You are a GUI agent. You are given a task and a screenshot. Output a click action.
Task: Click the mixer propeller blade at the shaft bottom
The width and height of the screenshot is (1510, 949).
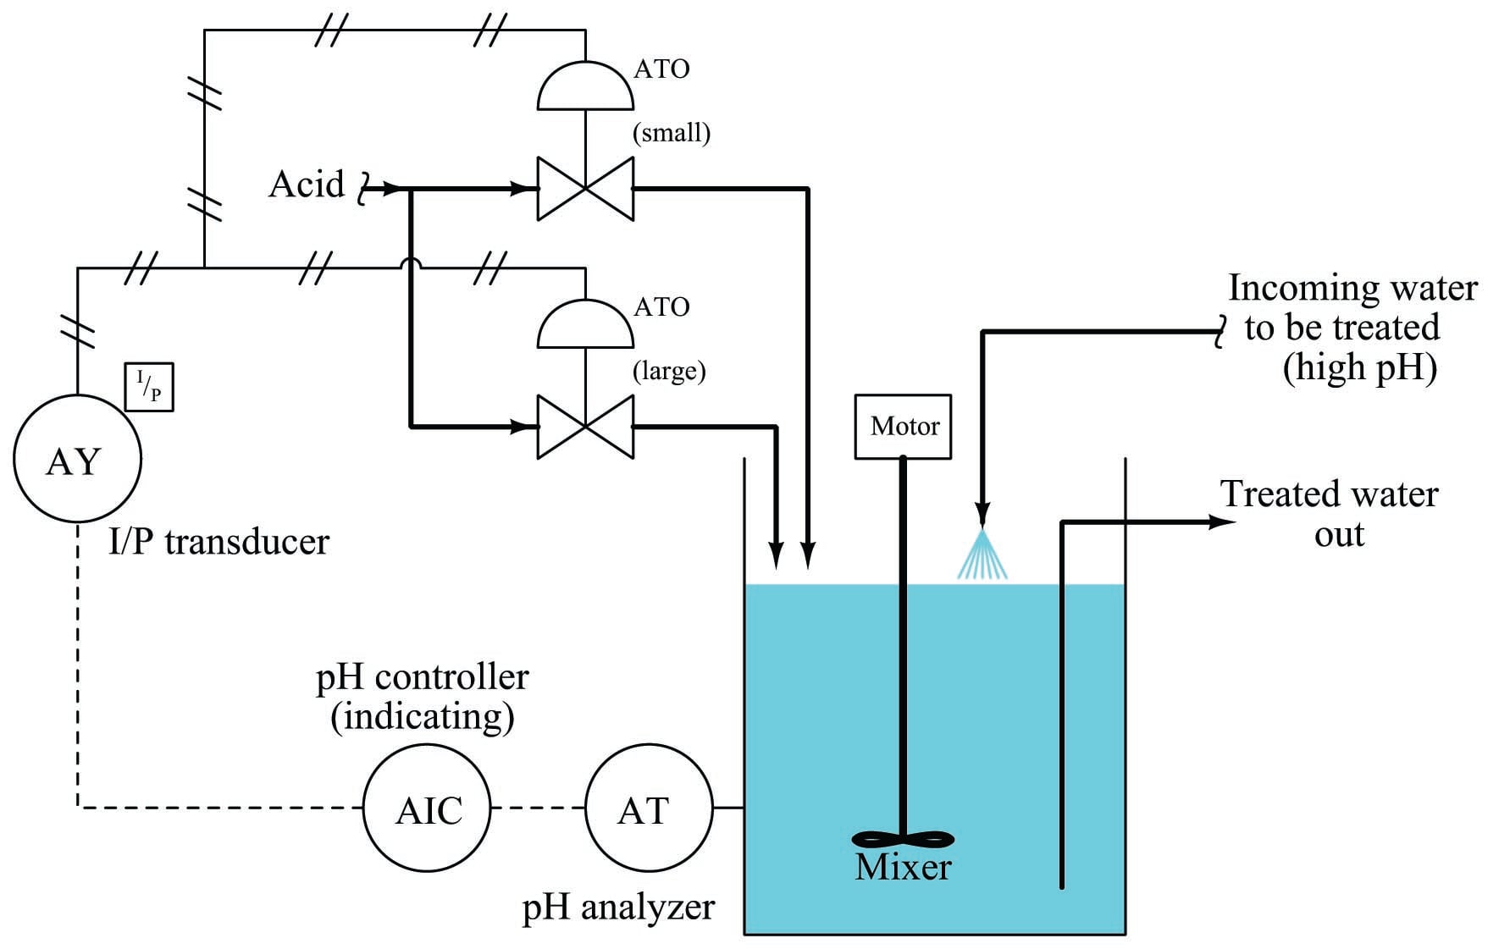coord(903,839)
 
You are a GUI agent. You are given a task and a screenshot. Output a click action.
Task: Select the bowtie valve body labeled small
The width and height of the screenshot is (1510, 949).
coord(585,189)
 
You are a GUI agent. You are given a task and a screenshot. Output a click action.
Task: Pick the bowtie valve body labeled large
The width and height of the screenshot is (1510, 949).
coord(585,427)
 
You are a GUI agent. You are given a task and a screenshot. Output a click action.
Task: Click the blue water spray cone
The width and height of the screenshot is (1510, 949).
coord(982,554)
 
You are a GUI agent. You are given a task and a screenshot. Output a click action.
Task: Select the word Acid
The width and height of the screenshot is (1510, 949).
coord(307,184)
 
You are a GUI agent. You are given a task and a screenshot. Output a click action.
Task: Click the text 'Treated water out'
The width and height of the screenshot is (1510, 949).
coord(1330,514)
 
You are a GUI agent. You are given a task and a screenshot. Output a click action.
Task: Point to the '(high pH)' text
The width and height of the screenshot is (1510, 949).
coord(1360,368)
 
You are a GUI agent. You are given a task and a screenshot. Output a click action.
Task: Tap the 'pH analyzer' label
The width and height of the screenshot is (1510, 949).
coord(618,908)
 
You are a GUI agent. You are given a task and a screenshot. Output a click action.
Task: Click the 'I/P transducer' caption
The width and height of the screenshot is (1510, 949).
coord(218,542)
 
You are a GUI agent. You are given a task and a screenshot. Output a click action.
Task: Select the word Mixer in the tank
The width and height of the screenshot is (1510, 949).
coord(903,867)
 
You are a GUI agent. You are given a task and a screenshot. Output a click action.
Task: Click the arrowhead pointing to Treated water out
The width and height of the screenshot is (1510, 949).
coord(1222,522)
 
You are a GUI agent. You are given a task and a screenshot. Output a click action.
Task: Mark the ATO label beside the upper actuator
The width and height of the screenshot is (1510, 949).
coord(661,69)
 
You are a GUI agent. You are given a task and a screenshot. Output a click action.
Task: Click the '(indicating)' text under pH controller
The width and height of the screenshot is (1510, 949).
coord(423,717)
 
